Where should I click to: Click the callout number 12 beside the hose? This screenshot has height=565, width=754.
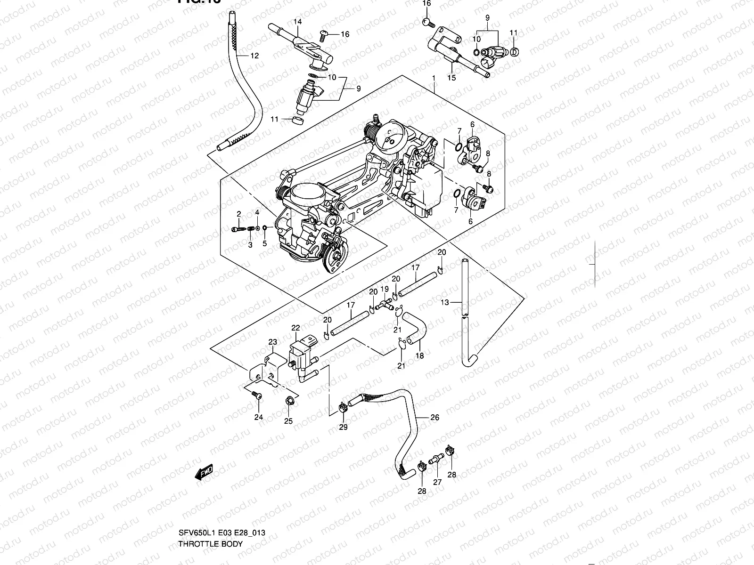coord(254,56)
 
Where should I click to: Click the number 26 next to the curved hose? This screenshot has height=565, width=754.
coord(434,417)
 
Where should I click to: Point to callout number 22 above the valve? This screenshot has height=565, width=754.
coord(295,328)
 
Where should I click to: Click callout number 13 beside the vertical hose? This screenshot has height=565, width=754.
coord(444,303)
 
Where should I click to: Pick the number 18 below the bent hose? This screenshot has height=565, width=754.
coord(419,355)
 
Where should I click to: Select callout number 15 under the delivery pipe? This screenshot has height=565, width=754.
coord(451,78)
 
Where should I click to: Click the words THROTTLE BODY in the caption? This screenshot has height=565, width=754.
coord(210,544)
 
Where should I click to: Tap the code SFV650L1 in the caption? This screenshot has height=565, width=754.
coord(193,533)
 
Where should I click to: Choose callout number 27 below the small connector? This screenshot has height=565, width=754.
coord(437,482)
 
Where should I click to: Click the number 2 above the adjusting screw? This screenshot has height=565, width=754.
coord(239,214)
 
